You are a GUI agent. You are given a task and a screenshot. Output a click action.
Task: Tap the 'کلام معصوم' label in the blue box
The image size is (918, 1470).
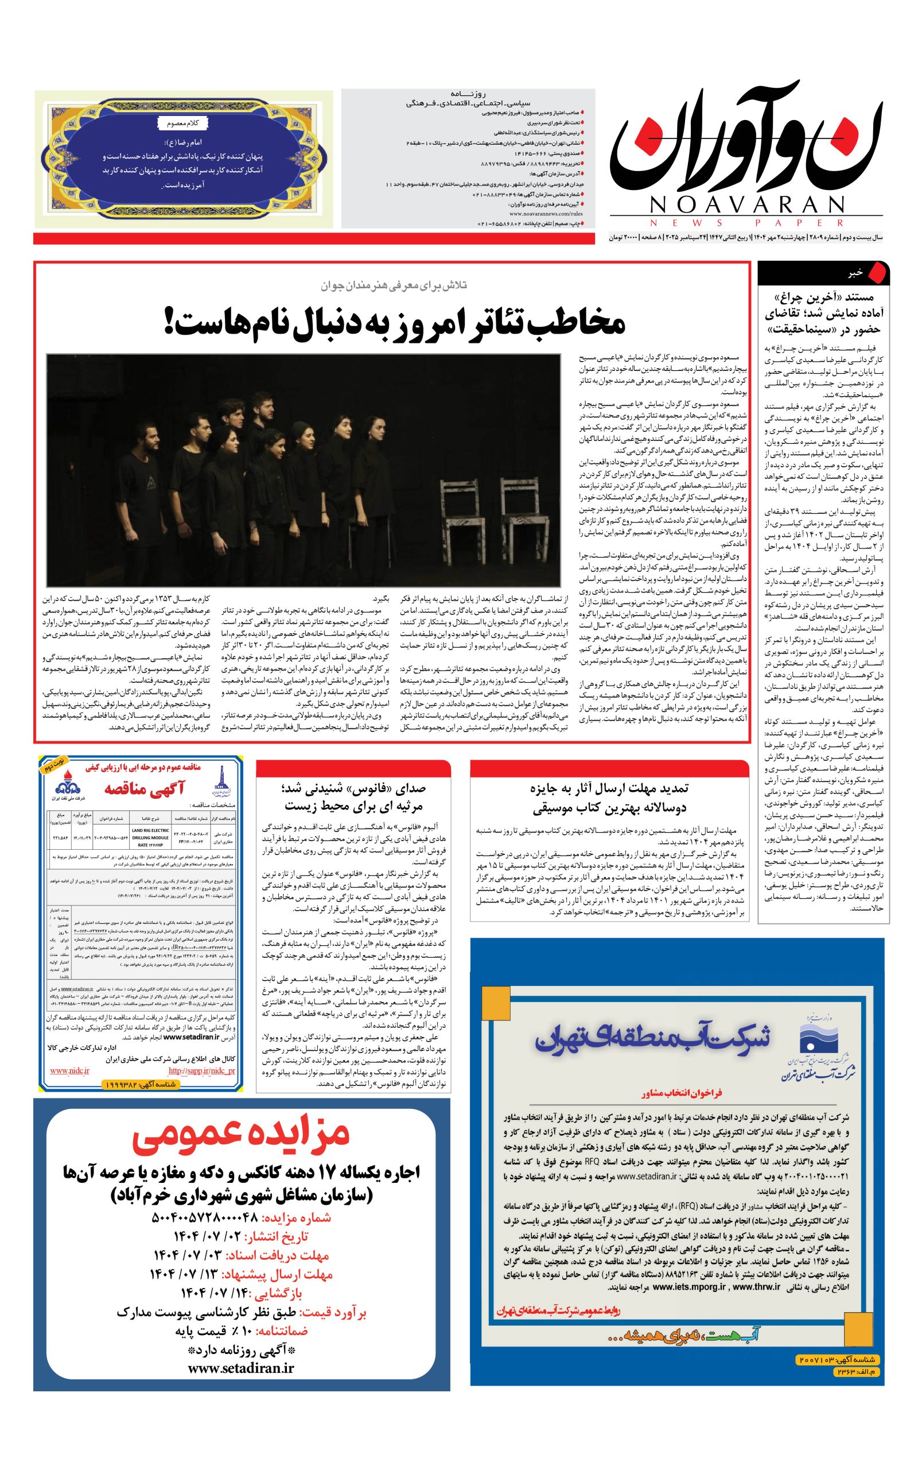[183, 123]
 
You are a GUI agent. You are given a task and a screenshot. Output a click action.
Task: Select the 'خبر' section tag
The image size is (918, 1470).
[855, 273]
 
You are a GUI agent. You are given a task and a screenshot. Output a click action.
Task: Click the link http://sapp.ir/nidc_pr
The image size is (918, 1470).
[201, 1070]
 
